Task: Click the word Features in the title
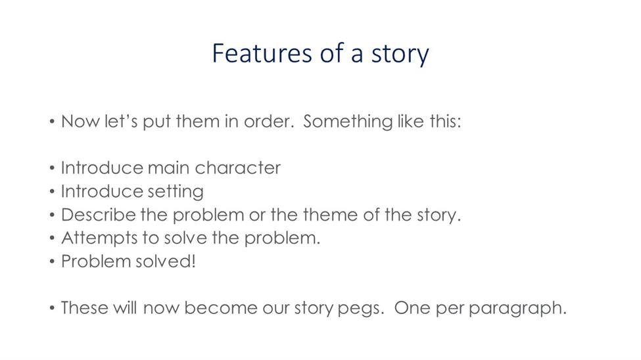coord(262,53)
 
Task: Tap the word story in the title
coord(400,55)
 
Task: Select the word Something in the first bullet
coord(348,122)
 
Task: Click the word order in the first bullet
coord(269,122)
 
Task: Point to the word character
coord(237,168)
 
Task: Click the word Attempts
coord(99,238)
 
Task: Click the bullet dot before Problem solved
coord(52,261)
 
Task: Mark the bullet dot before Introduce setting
coord(52,191)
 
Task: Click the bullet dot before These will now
coord(52,308)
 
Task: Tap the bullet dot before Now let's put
coord(52,122)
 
